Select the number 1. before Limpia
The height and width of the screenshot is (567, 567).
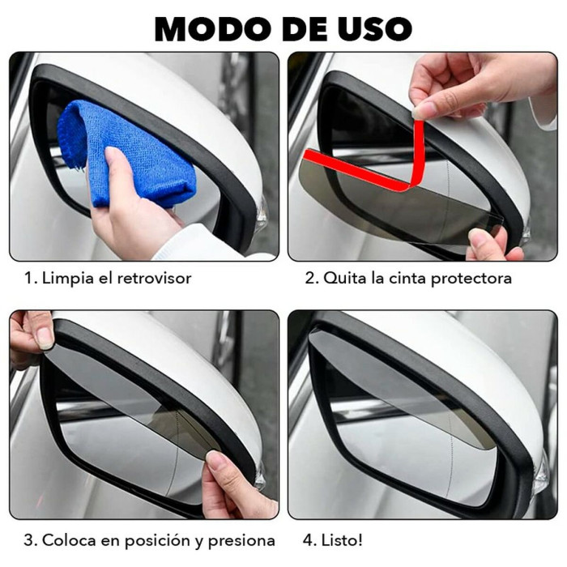click(x=29, y=278)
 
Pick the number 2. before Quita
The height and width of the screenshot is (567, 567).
click(x=311, y=278)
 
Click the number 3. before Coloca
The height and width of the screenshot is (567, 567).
click(x=29, y=540)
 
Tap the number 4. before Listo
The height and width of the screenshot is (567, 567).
click(x=311, y=540)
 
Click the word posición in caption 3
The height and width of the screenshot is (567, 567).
click(x=146, y=540)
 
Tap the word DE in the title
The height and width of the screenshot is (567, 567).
click(x=297, y=28)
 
